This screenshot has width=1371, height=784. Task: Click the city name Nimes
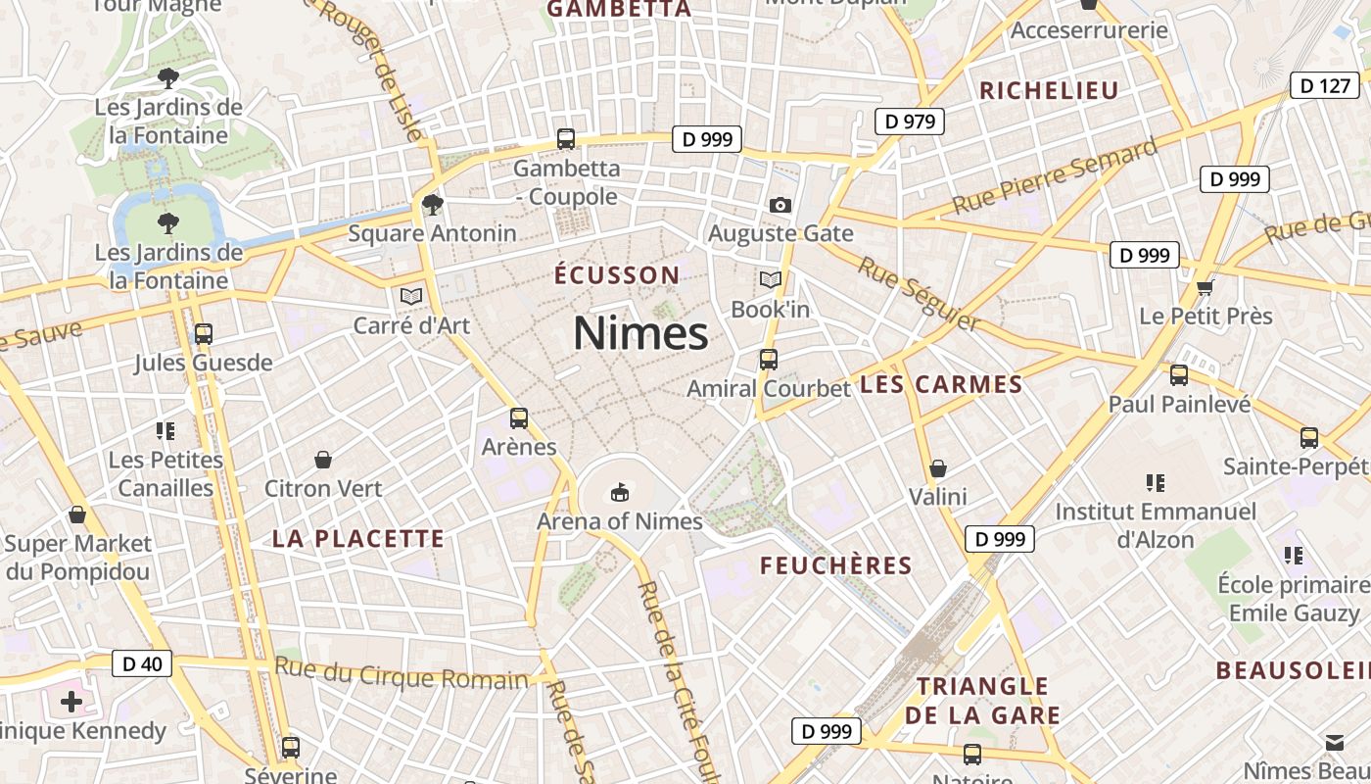pyautogui.click(x=640, y=334)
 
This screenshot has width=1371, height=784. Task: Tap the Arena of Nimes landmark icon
pyautogui.click(x=619, y=491)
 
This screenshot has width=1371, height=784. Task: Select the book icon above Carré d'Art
pyautogui.click(x=411, y=295)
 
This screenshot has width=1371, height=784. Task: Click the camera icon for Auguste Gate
pyautogui.click(x=780, y=205)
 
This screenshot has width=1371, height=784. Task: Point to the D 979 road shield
pyautogui.click(x=910, y=122)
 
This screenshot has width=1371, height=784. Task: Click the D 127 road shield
pyautogui.click(x=1326, y=85)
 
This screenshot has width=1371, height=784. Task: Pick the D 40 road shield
pyautogui.click(x=142, y=663)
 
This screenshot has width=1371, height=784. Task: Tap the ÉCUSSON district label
pyautogui.click(x=617, y=275)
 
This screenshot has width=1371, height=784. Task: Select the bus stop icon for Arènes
pyautogui.click(x=519, y=418)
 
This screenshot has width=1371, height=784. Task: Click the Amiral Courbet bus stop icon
pyautogui.click(x=769, y=360)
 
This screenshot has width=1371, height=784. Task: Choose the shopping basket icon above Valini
pyautogui.click(x=938, y=468)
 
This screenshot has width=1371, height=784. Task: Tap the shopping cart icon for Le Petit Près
pyautogui.click(x=1206, y=287)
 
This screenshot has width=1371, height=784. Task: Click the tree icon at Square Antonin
pyautogui.click(x=432, y=205)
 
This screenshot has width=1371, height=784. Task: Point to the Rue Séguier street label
pyautogui.click(x=919, y=293)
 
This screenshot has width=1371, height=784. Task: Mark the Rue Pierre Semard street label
pyautogui.click(x=1054, y=176)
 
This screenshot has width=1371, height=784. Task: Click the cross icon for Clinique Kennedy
pyautogui.click(x=71, y=701)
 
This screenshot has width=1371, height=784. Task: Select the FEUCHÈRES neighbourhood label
pyautogui.click(x=836, y=566)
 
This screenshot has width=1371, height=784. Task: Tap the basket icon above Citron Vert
pyautogui.click(x=322, y=459)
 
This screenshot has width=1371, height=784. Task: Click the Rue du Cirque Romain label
pyautogui.click(x=402, y=675)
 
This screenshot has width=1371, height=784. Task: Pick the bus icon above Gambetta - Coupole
pyautogui.click(x=566, y=139)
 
